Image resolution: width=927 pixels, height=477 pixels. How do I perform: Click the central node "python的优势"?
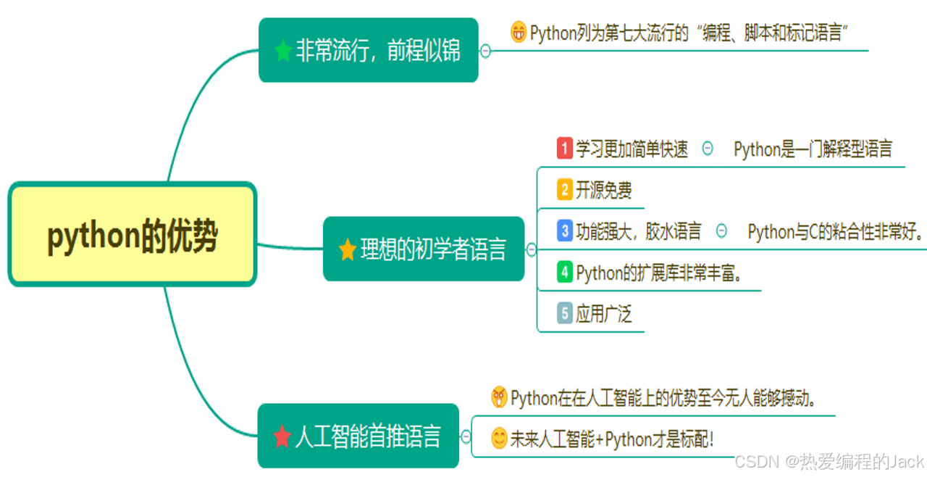[133, 235]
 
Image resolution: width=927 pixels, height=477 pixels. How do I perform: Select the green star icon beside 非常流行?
[283, 51]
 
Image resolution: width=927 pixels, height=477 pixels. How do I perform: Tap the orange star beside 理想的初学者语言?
[348, 250]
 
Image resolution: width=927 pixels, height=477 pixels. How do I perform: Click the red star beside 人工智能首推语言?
[282, 436]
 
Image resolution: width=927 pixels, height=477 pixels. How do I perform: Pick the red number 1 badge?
[565, 149]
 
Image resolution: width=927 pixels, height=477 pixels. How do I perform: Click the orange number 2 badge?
[565, 190]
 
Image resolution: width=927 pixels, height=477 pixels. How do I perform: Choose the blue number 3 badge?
[565, 231]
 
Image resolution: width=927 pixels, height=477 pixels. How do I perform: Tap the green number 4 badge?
[565, 273]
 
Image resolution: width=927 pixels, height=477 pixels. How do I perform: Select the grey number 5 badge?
[565, 314]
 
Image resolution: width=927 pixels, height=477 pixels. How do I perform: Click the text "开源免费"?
[604, 190]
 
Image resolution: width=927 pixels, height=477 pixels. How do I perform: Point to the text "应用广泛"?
[604, 314]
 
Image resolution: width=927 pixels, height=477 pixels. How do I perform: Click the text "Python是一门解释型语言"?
[813, 149]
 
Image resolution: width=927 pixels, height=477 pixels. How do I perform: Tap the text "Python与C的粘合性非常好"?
[833, 232]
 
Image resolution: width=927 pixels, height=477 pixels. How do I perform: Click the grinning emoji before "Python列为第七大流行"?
[519, 33]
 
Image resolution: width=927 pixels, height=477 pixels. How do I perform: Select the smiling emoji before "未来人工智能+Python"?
[499, 439]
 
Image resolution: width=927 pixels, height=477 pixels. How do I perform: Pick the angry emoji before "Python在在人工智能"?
[499, 397]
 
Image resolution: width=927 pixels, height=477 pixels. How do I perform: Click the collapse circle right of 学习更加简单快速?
[708, 149]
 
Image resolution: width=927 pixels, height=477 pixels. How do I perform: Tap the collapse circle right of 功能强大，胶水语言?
[721, 231]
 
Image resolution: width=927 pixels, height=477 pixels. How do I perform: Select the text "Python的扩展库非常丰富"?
[660, 273]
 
